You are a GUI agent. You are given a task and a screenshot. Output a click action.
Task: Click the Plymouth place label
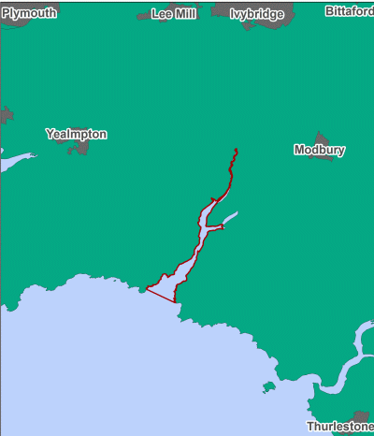[29, 12]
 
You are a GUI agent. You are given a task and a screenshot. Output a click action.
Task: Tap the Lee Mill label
[174, 14]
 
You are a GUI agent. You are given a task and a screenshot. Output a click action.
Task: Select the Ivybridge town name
[257, 14]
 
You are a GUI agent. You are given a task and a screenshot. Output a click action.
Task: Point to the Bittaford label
[349, 11]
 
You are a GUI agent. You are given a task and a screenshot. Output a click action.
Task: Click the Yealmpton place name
[76, 134]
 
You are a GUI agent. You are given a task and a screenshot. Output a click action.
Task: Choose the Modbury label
[320, 150]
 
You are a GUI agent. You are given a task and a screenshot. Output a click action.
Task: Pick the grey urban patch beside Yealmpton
[80, 148]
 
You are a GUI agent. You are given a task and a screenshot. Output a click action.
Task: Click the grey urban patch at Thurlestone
[361, 416]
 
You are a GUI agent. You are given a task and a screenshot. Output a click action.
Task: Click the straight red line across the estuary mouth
[161, 295]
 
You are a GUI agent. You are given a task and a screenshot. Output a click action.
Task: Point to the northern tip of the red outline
[236, 150]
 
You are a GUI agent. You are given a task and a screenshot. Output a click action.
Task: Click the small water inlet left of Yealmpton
[11, 161]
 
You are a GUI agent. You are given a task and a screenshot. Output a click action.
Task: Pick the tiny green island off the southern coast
[268, 385]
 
